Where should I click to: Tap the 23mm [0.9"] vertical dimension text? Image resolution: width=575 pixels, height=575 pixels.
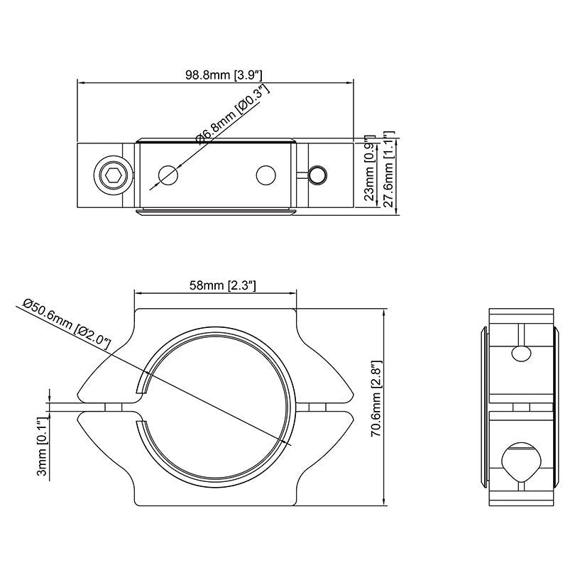[x=368, y=168]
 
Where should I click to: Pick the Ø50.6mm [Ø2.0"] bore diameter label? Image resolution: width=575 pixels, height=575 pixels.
[x=67, y=324]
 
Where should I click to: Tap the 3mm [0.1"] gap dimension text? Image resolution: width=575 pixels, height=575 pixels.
[x=42, y=447]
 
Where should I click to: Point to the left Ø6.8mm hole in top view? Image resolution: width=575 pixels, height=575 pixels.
[x=168, y=175]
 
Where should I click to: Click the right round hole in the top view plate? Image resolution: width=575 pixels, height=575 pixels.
[x=266, y=175]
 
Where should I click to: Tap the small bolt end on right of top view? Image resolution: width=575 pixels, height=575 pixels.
[x=318, y=175]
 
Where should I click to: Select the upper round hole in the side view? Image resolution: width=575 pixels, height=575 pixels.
[x=521, y=354]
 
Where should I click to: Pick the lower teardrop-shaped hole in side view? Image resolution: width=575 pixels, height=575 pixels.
[x=521, y=461]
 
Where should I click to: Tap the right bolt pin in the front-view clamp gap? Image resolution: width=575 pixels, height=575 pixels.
[x=317, y=407]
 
